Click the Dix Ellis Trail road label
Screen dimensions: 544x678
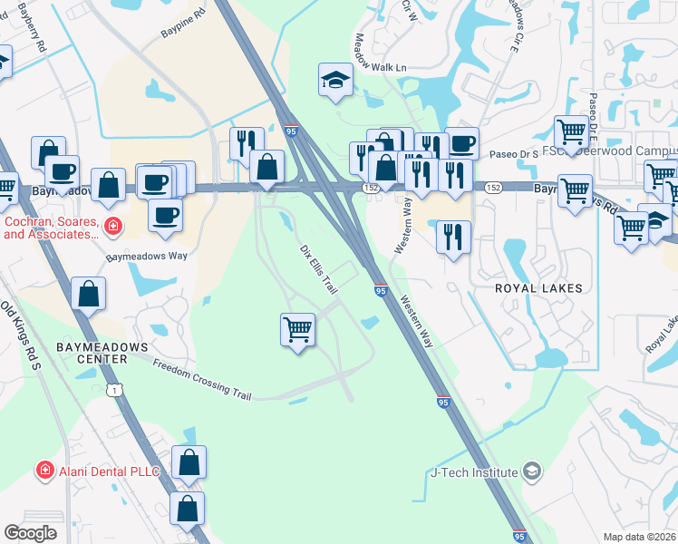tap(320, 269)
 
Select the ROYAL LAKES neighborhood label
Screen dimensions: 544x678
tap(538, 287)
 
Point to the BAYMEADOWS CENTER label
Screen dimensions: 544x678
tap(90, 353)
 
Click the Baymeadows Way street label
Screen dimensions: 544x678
tap(147, 257)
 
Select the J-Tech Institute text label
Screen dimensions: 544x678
tap(473, 472)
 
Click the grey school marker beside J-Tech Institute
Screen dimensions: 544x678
tap(532, 471)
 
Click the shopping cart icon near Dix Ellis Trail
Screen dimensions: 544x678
tap(298, 329)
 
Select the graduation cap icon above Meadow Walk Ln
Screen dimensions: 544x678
tap(334, 80)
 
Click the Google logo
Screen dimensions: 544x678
tap(30, 533)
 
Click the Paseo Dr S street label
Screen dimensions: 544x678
tap(515, 154)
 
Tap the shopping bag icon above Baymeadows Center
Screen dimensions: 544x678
tap(88, 294)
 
